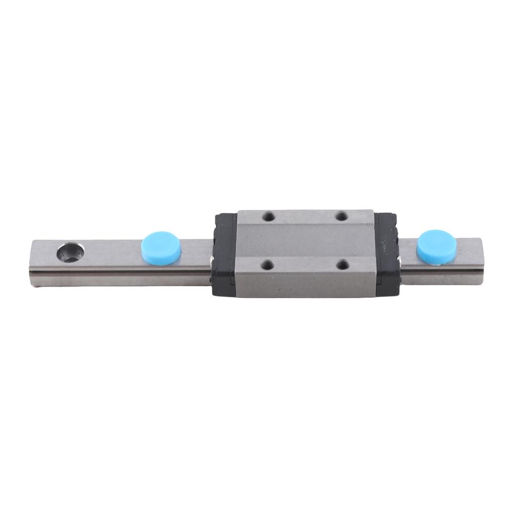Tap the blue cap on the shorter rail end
click(x=436, y=245)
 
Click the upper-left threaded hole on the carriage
click(x=268, y=217)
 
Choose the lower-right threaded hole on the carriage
click(x=343, y=264)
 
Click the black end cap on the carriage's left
click(x=225, y=254)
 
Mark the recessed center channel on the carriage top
click(x=305, y=241)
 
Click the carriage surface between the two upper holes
click(x=305, y=217)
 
